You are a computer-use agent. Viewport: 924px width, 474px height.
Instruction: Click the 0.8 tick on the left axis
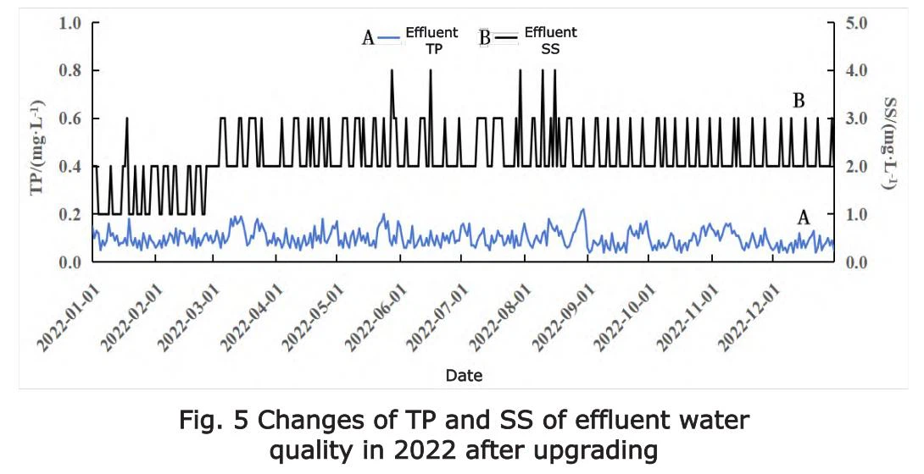coord(69,70)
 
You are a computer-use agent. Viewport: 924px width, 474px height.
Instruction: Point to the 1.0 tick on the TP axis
coord(69,23)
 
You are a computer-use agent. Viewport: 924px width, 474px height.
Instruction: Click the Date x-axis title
coord(464,375)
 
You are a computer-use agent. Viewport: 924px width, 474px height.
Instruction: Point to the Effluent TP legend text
coord(431,41)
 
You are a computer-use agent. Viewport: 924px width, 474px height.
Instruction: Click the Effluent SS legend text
coord(550,41)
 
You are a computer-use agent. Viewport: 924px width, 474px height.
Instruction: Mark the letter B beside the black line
coord(799,101)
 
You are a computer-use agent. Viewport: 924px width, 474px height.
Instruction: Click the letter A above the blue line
coord(804,218)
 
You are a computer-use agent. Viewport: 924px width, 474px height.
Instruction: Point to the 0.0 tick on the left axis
coord(69,262)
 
